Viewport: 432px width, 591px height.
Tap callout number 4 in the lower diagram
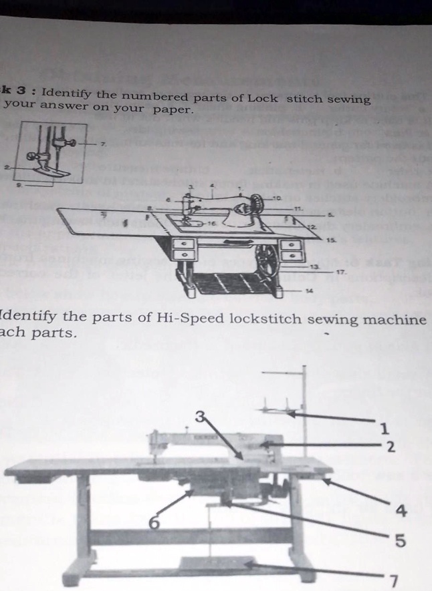point(400,512)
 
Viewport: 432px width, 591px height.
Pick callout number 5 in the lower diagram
point(400,541)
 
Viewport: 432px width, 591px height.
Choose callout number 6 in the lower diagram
point(154,524)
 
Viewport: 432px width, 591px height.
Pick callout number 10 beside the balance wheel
point(276,198)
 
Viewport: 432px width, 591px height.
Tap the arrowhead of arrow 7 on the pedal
point(249,566)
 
